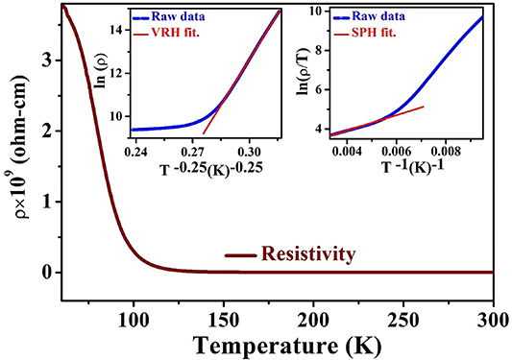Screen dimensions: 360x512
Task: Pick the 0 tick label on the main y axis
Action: pyautogui.click(x=48, y=272)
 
